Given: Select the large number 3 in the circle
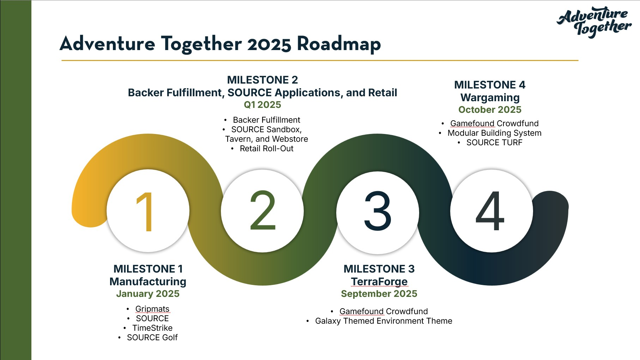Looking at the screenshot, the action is [x=378, y=211].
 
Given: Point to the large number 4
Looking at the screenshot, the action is [x=490, y=211].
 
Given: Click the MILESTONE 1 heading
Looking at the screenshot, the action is [x=148, y=269].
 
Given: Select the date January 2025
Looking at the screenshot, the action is [x=148, y=294].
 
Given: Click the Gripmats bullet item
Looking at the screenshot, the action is [x=152, y=309].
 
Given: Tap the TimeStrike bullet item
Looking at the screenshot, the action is [x=152, y=328].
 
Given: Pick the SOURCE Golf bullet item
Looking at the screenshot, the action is [x=152, y=337].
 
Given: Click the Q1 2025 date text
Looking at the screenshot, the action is [x=262, y=105].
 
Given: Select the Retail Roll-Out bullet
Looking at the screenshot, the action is [x=267, y=148].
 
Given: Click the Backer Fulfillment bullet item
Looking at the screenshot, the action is [x=267, y=120].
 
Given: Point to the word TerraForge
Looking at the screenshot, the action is [x=379, y=281].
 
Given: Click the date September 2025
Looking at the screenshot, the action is [x=379, y=294].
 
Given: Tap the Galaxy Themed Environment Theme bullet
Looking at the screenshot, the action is [x=384, y=321].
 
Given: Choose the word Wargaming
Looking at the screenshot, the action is [x=490, y=97].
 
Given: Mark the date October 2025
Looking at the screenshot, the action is [x=490, y=110].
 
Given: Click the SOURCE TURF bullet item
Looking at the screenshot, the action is [x=494, y=142].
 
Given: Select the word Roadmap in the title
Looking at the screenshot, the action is [x=339, y=44].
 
